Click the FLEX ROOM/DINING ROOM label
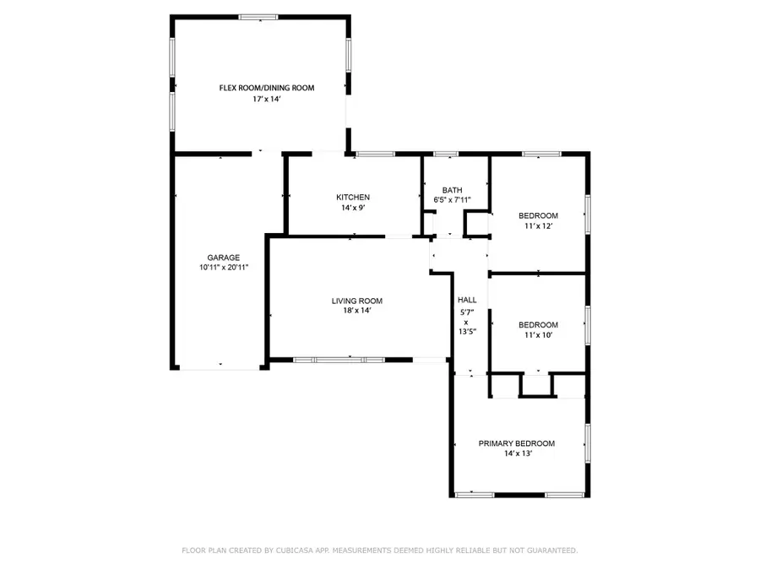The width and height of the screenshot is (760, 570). coord(267,88)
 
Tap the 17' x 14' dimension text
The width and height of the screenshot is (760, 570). coord(267,99)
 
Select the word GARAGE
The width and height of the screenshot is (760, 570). coord(224,258)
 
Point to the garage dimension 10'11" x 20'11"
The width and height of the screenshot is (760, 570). coord(224,267)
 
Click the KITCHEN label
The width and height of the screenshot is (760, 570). coord(353,198)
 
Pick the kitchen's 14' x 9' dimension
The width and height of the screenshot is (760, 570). coord(353,208)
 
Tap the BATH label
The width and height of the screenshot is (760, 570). coord(453,190)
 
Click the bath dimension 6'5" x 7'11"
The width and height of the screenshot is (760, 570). coord(453,199)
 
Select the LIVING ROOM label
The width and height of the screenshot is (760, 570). coord(357,301)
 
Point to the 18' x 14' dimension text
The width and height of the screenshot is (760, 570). coord(357,311)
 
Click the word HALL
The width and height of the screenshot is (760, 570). coord(467,300)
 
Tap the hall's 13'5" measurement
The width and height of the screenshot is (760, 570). coord(467,332)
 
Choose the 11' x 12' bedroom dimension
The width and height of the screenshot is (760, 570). coord(539,225)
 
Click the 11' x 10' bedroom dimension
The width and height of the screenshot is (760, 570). coord(539,335)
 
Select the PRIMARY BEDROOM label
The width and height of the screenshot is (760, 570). coord(517,443)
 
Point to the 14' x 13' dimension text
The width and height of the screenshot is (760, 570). coord(518,453)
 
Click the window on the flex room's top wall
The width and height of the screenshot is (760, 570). coord(258,18)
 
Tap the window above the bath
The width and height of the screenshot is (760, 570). coord(446,155)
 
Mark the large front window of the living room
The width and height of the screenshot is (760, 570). coord(339,360)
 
